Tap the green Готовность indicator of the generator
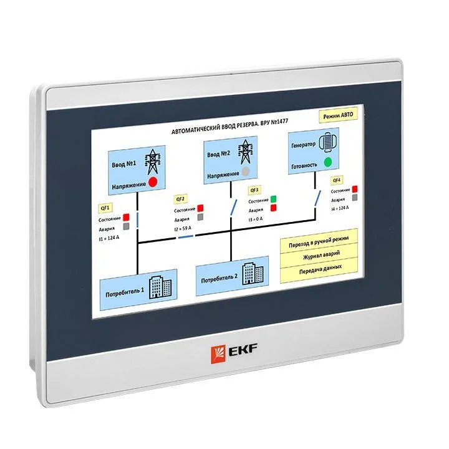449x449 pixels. (x=328, y=163)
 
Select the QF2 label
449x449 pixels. (x=180, y=199)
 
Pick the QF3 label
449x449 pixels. (x=254, y=190)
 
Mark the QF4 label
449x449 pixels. (x=337, y=180)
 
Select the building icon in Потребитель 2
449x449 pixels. (x=251, y=271)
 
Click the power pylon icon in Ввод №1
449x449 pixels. (x=152, y=161)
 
